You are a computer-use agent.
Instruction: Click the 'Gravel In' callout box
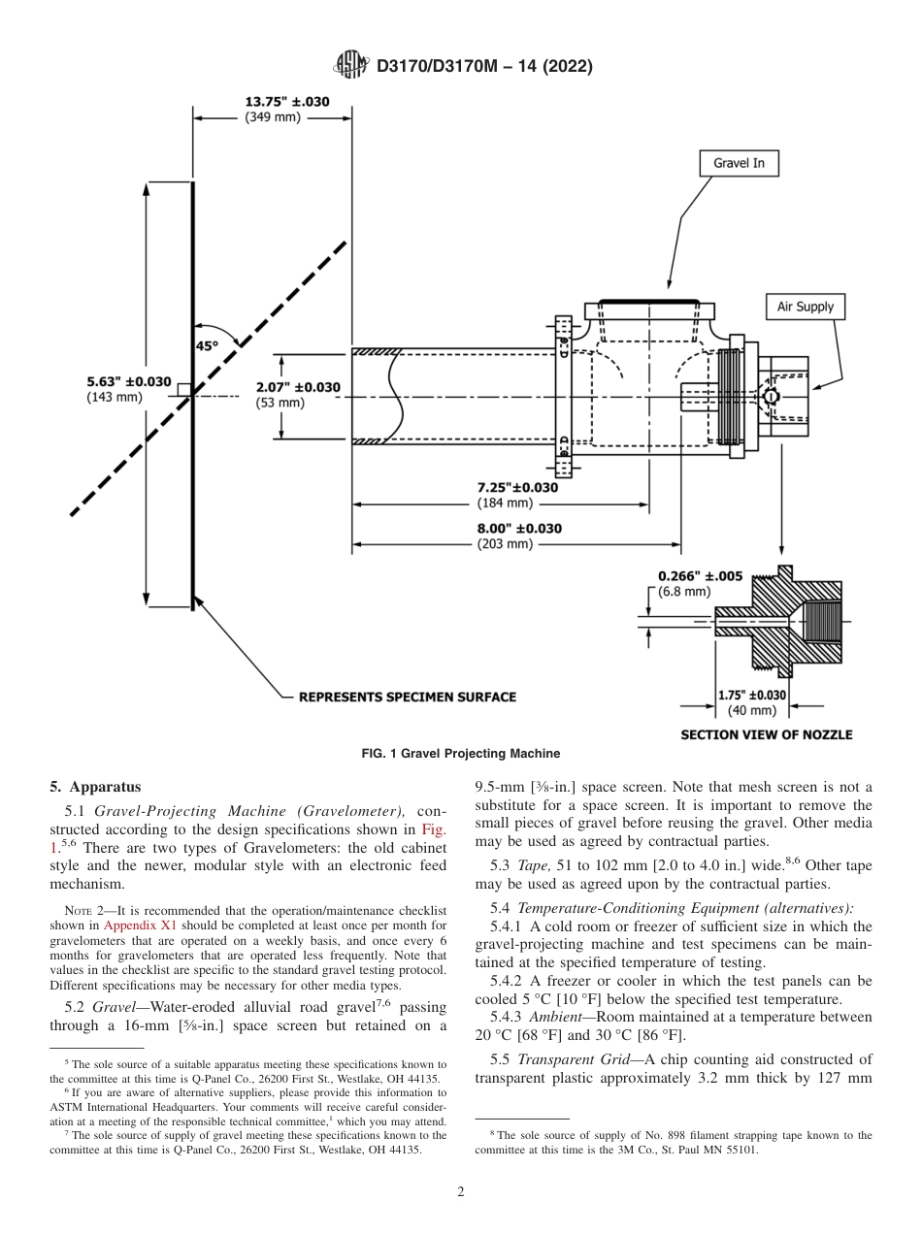point(739,163)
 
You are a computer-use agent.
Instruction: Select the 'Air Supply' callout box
point(805,307)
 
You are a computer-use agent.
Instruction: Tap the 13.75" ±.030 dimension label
point(286,101)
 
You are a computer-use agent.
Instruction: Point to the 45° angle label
point(209,344)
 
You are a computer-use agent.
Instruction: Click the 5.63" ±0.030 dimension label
point(129,381)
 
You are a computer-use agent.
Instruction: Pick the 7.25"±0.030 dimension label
point(517,487)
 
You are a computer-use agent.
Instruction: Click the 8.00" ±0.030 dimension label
point(518,529)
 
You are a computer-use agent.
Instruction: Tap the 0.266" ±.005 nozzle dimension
point(700,575)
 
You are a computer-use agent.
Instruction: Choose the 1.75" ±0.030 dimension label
point(752,695)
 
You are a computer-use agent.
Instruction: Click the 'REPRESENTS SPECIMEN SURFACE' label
point(407,697)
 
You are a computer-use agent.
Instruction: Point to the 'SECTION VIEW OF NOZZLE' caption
point(766,734)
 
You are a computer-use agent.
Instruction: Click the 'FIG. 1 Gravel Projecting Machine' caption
point(461,754)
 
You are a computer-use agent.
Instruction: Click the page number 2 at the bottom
point(461,1192)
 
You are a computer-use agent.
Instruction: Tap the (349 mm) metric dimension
point(273,116)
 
